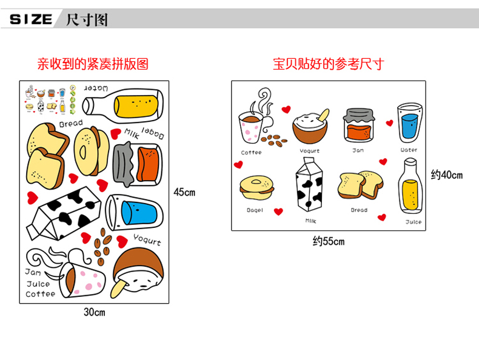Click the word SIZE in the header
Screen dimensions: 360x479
point(31,19)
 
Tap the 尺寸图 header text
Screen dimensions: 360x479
point(87,19)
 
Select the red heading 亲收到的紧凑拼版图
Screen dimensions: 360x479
point(93,64)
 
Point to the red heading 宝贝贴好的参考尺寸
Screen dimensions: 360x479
point(328,64)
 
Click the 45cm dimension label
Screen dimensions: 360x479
point(184,192)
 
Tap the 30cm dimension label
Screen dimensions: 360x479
point(94,313)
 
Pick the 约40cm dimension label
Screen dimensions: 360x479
point(446,175)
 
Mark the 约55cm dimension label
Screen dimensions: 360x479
point(328,241)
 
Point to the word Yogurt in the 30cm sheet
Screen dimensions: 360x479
point(147,239)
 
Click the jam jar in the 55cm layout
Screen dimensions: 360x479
point(358,125)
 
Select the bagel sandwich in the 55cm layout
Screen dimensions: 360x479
point(255,188)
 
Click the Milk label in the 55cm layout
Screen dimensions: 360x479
point(310,221)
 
